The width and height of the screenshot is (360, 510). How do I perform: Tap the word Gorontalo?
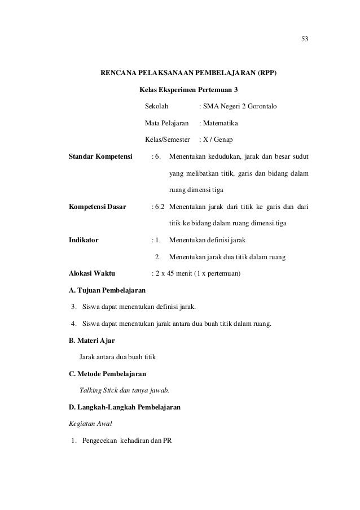[x=258, y=106]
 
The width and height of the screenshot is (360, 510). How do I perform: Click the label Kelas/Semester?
[x=168, y=139]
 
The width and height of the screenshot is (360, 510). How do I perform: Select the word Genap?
[x=229, y=139]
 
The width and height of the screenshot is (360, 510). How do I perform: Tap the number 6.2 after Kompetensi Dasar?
[x=160, y=207]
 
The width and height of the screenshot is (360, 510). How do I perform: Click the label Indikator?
[x=83, y=239]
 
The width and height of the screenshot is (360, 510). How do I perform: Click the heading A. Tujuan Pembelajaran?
[x=106, y=290]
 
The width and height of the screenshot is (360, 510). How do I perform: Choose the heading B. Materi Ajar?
[x=91, y=341]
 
